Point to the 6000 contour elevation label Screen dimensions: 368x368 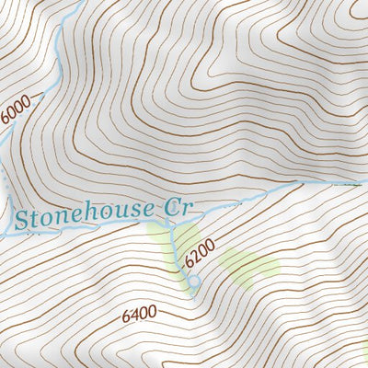coord(16,108)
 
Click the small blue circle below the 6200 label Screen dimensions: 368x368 coord(194,281)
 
